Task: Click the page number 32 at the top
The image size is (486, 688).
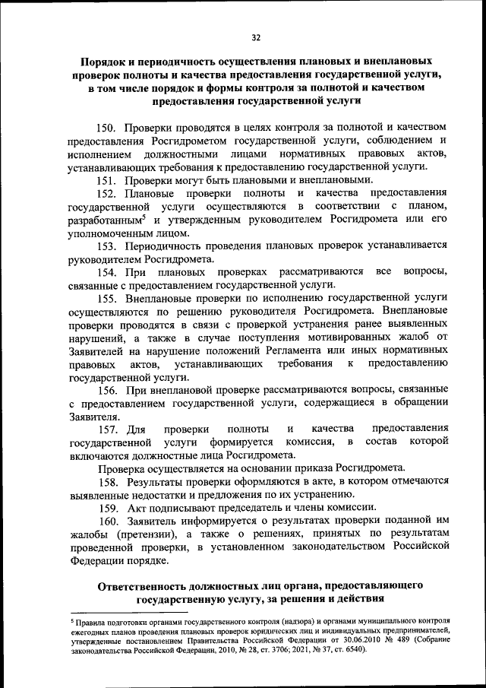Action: (x=256, y=36)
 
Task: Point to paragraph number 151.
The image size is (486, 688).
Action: (x=108, y=180)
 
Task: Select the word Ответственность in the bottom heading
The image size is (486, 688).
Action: (x=153, y=585)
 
